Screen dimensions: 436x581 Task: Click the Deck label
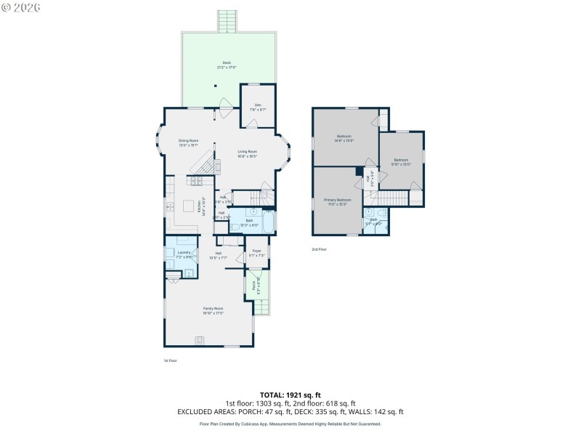pos(227,65)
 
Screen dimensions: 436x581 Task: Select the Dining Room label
pos(189,142)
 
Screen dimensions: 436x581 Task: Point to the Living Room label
pos(248,153)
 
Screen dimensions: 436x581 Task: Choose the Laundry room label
pos(184,254)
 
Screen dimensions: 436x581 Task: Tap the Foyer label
pos(256,252)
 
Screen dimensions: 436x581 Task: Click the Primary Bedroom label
pos(337,201)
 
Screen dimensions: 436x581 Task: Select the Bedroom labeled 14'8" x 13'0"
pos(344,138)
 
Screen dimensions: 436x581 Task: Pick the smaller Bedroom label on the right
pos(402,161)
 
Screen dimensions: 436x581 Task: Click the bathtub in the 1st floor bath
pos(269,222)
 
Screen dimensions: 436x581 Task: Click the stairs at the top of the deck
pos(228,22)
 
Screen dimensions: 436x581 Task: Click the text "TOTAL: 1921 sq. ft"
pos(290,395)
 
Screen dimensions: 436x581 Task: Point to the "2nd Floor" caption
pos(320,249)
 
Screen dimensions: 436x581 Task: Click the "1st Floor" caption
pos(170,360)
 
